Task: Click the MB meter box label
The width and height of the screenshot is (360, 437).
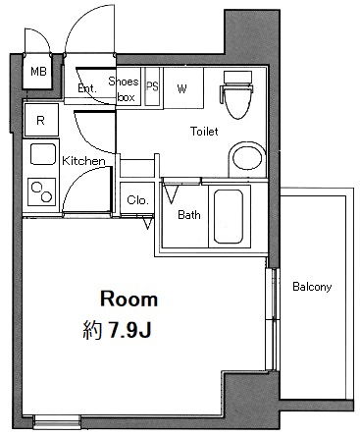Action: coord(38,71)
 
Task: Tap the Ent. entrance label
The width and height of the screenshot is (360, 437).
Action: coord(87,88)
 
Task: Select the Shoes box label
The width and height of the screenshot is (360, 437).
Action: coord(124,88)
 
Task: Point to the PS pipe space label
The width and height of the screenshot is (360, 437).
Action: coord(152,86)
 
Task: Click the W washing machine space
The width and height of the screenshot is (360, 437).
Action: coord(183,88)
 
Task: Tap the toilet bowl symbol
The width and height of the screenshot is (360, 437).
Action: coord(238,94)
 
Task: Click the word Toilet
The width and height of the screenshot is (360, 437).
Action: coord(204,132)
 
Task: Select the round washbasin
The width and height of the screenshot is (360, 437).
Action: coord(247,159)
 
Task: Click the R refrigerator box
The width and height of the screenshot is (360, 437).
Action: coord(41,120)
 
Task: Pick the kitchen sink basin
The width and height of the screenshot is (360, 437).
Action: coord(43,154)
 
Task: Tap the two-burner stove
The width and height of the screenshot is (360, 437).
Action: coord(41,191)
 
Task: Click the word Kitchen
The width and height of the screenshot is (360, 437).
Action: coord(83,161)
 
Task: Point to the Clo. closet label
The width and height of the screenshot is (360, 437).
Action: coord(137,199)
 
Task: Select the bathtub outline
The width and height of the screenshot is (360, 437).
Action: coord(229,217)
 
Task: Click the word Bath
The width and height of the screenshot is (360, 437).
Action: coord(189,215)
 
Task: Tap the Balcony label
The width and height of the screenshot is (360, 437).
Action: coord(312,287)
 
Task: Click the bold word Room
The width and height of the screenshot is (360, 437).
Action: coord(129,300)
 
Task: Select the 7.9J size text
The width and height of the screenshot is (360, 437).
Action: coord(129,330)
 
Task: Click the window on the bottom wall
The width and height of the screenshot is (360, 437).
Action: coord(57,422)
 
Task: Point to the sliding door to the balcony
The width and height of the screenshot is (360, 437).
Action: coord(272,319)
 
